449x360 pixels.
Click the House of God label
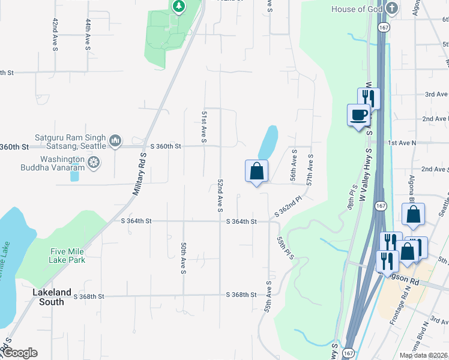(x=357, y=8)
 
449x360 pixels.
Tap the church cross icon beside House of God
(x=391, y=8)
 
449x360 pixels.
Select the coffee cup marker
(x=359, y=115)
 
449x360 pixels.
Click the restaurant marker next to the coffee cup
(x=369, y=98)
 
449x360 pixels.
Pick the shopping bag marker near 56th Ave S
(x=257, y=171)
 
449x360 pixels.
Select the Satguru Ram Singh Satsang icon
(x=116, y=142)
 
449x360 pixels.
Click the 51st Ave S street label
(x=204, y=126)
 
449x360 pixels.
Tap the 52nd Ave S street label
(x=220, y=195)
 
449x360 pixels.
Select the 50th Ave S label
(x=182, y=258)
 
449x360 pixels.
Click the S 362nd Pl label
(x=288, y=206)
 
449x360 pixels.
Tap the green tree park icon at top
(x=178, y=7)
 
